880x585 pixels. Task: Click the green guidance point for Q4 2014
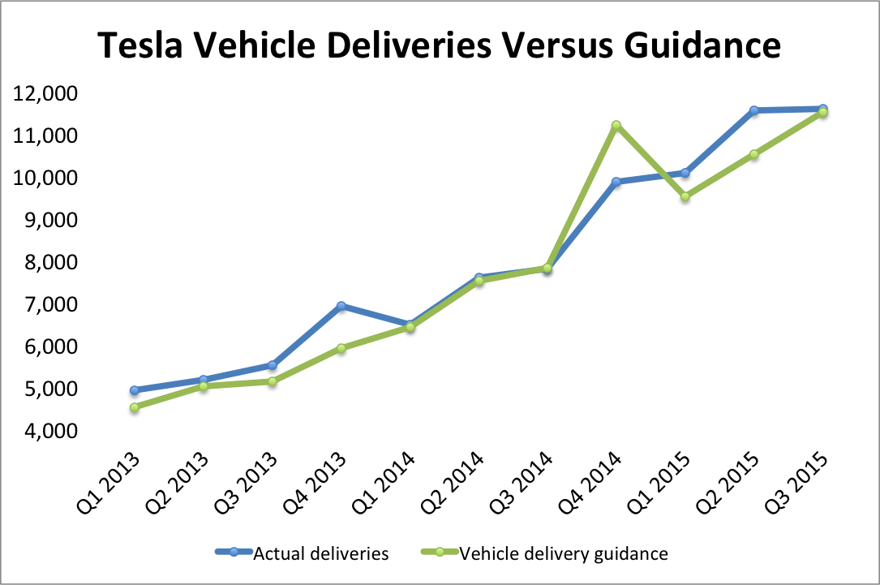click(x=616, y=125)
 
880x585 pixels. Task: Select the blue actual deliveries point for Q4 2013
click(x=341, y=306)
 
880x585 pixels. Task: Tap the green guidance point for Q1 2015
click(x=685, y=196)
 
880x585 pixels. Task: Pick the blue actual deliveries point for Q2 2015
click(x=754, y=110)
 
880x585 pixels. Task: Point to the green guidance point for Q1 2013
click(x=134, y=407)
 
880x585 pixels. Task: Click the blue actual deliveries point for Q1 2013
click(x=134, y=390)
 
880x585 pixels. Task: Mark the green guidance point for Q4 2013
click(x=341, y=348)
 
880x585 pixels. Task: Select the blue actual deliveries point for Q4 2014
click(x=616, y=182)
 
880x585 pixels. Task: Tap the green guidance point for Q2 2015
click(x=754, y=154)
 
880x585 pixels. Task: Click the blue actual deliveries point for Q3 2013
click(x=272, y=365)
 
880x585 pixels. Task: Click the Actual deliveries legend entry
click(x=320, y=554)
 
